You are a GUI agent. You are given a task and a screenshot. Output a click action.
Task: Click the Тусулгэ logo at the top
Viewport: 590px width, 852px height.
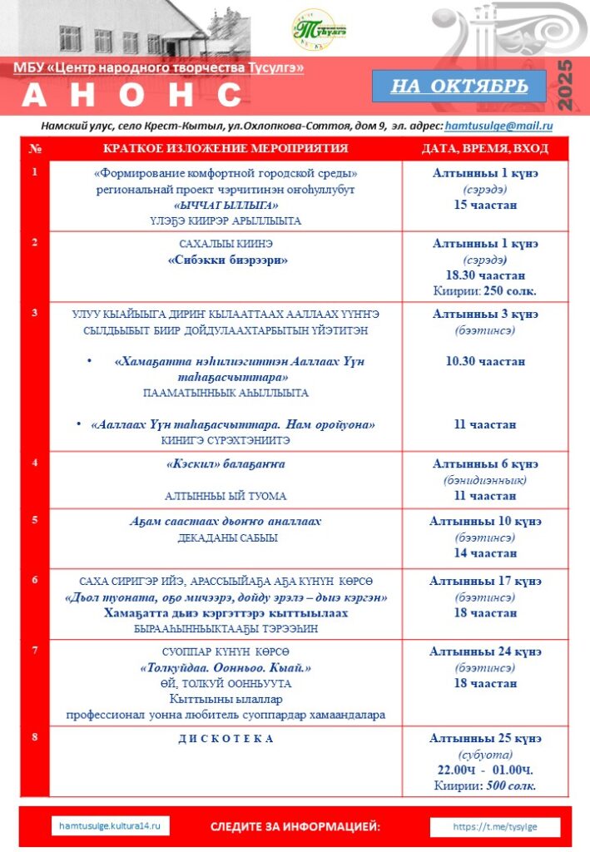(320, 30)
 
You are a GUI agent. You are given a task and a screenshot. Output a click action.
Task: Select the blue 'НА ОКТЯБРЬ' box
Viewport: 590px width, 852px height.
(458, 87)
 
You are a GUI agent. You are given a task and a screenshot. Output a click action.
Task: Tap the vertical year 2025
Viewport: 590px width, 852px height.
(566, 87)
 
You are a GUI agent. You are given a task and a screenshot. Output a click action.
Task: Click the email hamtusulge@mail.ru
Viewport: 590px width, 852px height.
(499, 126)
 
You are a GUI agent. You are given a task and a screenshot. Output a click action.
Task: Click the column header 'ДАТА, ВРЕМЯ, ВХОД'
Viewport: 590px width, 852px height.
(485, 149)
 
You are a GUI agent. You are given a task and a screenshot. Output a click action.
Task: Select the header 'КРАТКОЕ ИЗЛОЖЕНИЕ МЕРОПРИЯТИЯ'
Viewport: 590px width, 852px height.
(226, 149)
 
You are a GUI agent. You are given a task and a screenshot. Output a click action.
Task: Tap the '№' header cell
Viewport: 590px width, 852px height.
(35, 149)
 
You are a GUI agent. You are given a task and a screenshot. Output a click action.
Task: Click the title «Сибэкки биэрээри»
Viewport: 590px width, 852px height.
(226, 260)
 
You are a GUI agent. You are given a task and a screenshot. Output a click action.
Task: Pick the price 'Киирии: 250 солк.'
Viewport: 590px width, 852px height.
(485, 290)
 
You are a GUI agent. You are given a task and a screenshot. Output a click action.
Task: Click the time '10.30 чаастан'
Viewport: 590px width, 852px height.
(485, 361)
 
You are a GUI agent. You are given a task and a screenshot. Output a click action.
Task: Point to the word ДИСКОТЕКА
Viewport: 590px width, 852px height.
(226, 739)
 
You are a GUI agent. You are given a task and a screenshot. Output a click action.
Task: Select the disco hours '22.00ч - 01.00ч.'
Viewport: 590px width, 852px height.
(485, 770)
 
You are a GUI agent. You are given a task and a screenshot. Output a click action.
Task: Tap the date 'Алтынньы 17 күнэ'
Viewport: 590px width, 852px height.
(485, 581)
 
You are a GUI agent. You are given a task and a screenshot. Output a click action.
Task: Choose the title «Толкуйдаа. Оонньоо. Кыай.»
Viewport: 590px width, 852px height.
(226, 667)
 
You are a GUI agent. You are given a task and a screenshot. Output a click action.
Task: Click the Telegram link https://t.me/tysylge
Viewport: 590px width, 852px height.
(495, 827)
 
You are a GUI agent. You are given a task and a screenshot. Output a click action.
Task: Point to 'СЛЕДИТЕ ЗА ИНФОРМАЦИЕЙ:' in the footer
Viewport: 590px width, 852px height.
(295, 826)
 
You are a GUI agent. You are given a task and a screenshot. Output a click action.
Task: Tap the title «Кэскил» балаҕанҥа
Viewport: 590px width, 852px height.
(226, 464)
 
